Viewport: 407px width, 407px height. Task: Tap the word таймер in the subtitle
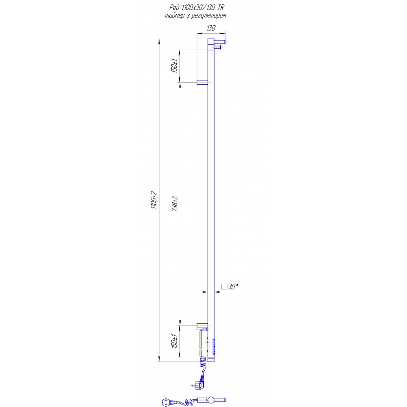[175, 15]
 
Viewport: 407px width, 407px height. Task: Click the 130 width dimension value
[211, 28]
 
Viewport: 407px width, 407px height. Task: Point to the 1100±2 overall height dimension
[154, 200]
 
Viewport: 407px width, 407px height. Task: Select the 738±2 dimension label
[175, 204]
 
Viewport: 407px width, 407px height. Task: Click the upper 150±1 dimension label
[174, 66]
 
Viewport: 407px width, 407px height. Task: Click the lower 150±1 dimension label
[174, 341]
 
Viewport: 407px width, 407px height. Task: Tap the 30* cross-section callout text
[233, 286]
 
